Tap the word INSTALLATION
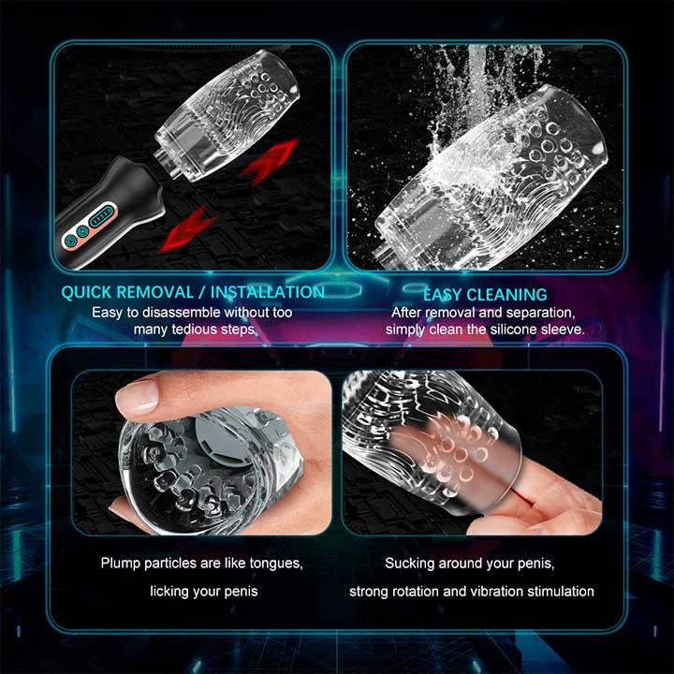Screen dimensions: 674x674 pos(268,292)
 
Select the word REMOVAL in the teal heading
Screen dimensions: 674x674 pos(155,292)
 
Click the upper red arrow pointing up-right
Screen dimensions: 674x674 pos(270,161)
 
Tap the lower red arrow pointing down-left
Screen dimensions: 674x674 pos(187,228)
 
